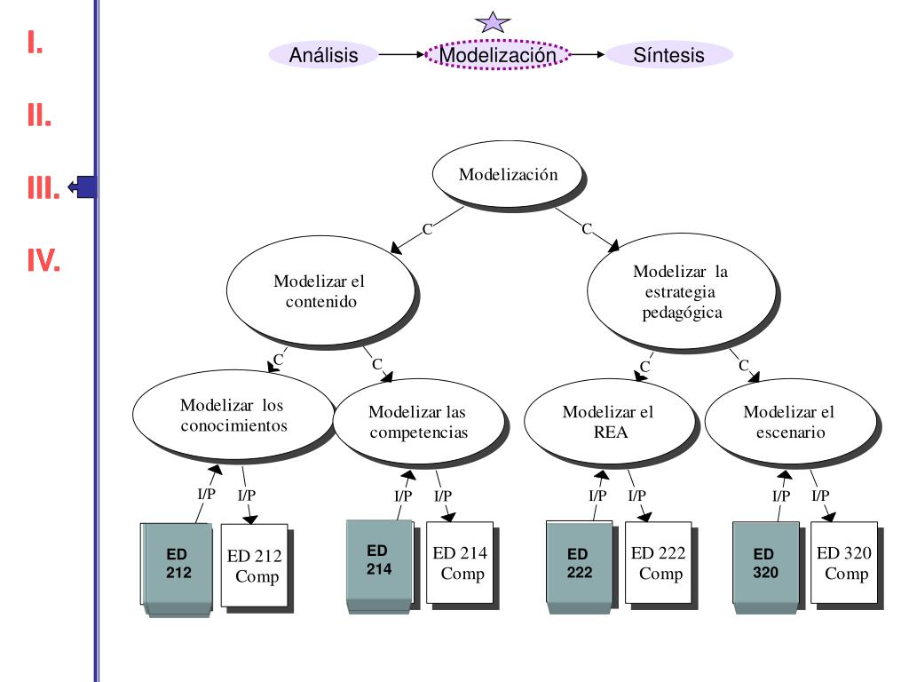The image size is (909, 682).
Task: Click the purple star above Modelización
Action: click(492, 21)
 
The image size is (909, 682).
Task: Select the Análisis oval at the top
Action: click(324, 55)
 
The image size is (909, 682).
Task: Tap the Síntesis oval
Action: click(669, 55)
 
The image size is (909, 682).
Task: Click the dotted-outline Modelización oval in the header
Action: click(498, 55)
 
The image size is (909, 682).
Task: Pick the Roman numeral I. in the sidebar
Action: click(35, 42)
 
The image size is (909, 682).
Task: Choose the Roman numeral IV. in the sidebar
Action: click(43, 260)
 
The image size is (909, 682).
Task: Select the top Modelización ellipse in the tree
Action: click(508, 174)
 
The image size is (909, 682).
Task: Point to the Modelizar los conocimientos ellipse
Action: click(233, 415)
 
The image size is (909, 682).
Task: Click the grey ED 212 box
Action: click(178, 565)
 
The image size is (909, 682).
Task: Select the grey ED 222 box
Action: click(580, 565)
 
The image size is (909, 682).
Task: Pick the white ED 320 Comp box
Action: click(844, 564)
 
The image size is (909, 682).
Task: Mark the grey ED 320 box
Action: click(766, 565)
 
